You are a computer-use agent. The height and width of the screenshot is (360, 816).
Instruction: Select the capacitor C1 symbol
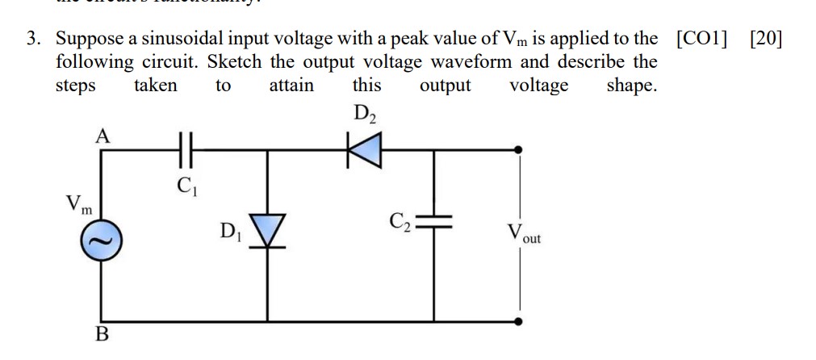185,151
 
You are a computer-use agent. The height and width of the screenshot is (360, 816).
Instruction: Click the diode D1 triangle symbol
267,231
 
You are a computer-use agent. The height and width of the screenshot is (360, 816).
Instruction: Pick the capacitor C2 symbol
436,224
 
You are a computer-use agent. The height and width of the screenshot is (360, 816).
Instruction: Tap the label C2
400,221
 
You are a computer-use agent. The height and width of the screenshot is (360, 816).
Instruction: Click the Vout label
524,236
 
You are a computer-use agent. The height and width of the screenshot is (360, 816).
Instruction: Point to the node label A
102,136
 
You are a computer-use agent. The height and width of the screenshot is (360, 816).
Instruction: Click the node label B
102,335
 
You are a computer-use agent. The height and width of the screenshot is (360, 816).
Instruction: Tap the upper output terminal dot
519,149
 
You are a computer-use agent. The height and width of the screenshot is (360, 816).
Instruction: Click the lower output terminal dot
519,320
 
